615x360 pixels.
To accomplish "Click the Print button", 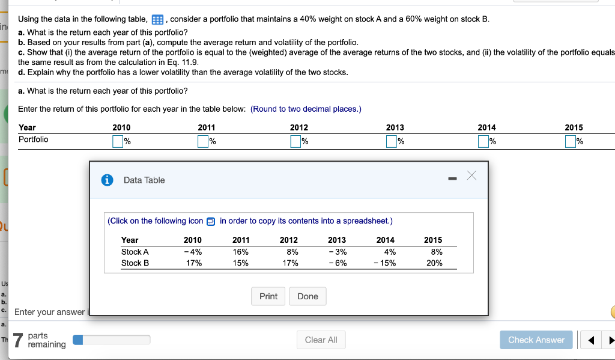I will coord(268,296).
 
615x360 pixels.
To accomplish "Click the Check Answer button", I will coord(536,340).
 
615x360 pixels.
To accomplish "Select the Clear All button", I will coord(321,340).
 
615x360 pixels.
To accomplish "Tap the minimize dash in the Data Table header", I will coord(452,178).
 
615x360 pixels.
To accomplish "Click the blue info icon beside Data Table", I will coord(108,180).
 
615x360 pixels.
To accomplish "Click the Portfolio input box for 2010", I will coord(118,142).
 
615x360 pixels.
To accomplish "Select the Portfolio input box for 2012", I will coord(295,142).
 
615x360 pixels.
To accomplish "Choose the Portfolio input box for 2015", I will coord(570,142).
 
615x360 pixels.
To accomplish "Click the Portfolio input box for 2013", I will coord(392,142).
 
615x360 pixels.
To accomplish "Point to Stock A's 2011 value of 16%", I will coord(241,252).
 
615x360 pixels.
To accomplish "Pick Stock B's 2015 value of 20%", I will coord(434,263).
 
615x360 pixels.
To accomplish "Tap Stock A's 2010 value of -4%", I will coord(193,252).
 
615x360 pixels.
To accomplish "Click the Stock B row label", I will coord(135,263).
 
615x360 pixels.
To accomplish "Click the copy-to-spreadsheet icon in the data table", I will coord(210,221).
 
